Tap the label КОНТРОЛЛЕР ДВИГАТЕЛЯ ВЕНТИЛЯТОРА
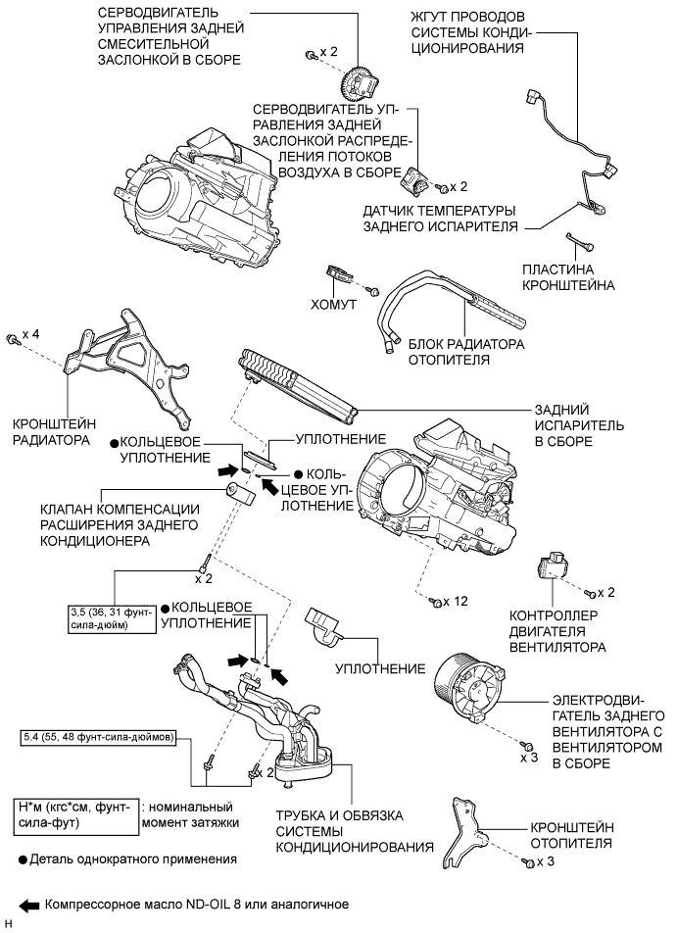(x=556, y=632)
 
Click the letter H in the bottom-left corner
(x=8, y=923)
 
